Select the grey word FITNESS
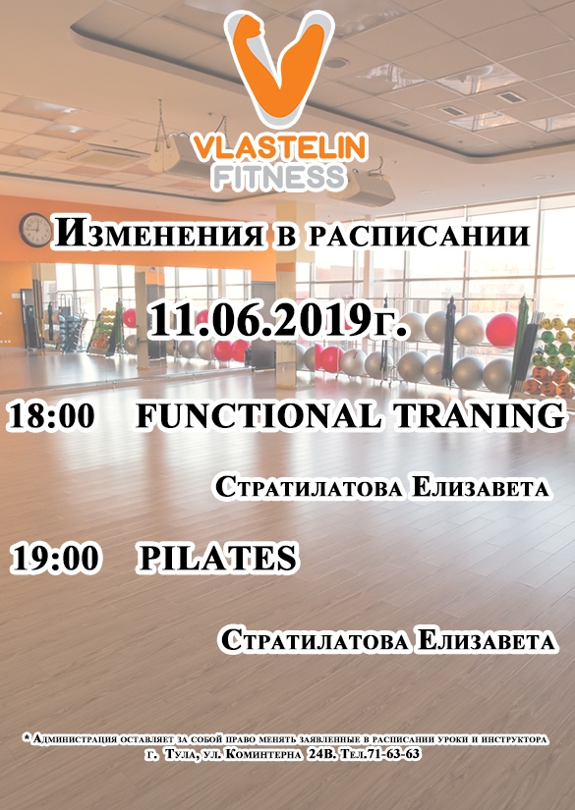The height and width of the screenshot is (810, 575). pyautogui.click(x=279, y=177)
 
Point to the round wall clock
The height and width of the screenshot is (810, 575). pyautogui.click(x=35, y=230)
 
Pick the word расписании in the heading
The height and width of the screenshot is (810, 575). pyautogui.click(x=420, y=236)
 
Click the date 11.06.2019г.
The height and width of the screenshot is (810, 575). pyautogui.click(x=279, y=321)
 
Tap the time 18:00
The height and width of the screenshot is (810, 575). pyautogui.click(x=52, y=416)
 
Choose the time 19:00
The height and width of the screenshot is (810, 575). pyautogui.click(x=54, y=559)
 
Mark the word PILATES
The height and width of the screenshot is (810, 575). pyautogui.click(x=217, y=559)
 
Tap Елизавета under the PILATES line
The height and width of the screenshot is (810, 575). pyautogui.click(x=487, y=641)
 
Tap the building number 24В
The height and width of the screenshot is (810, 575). pyautogui.click(x=320, y=755)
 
